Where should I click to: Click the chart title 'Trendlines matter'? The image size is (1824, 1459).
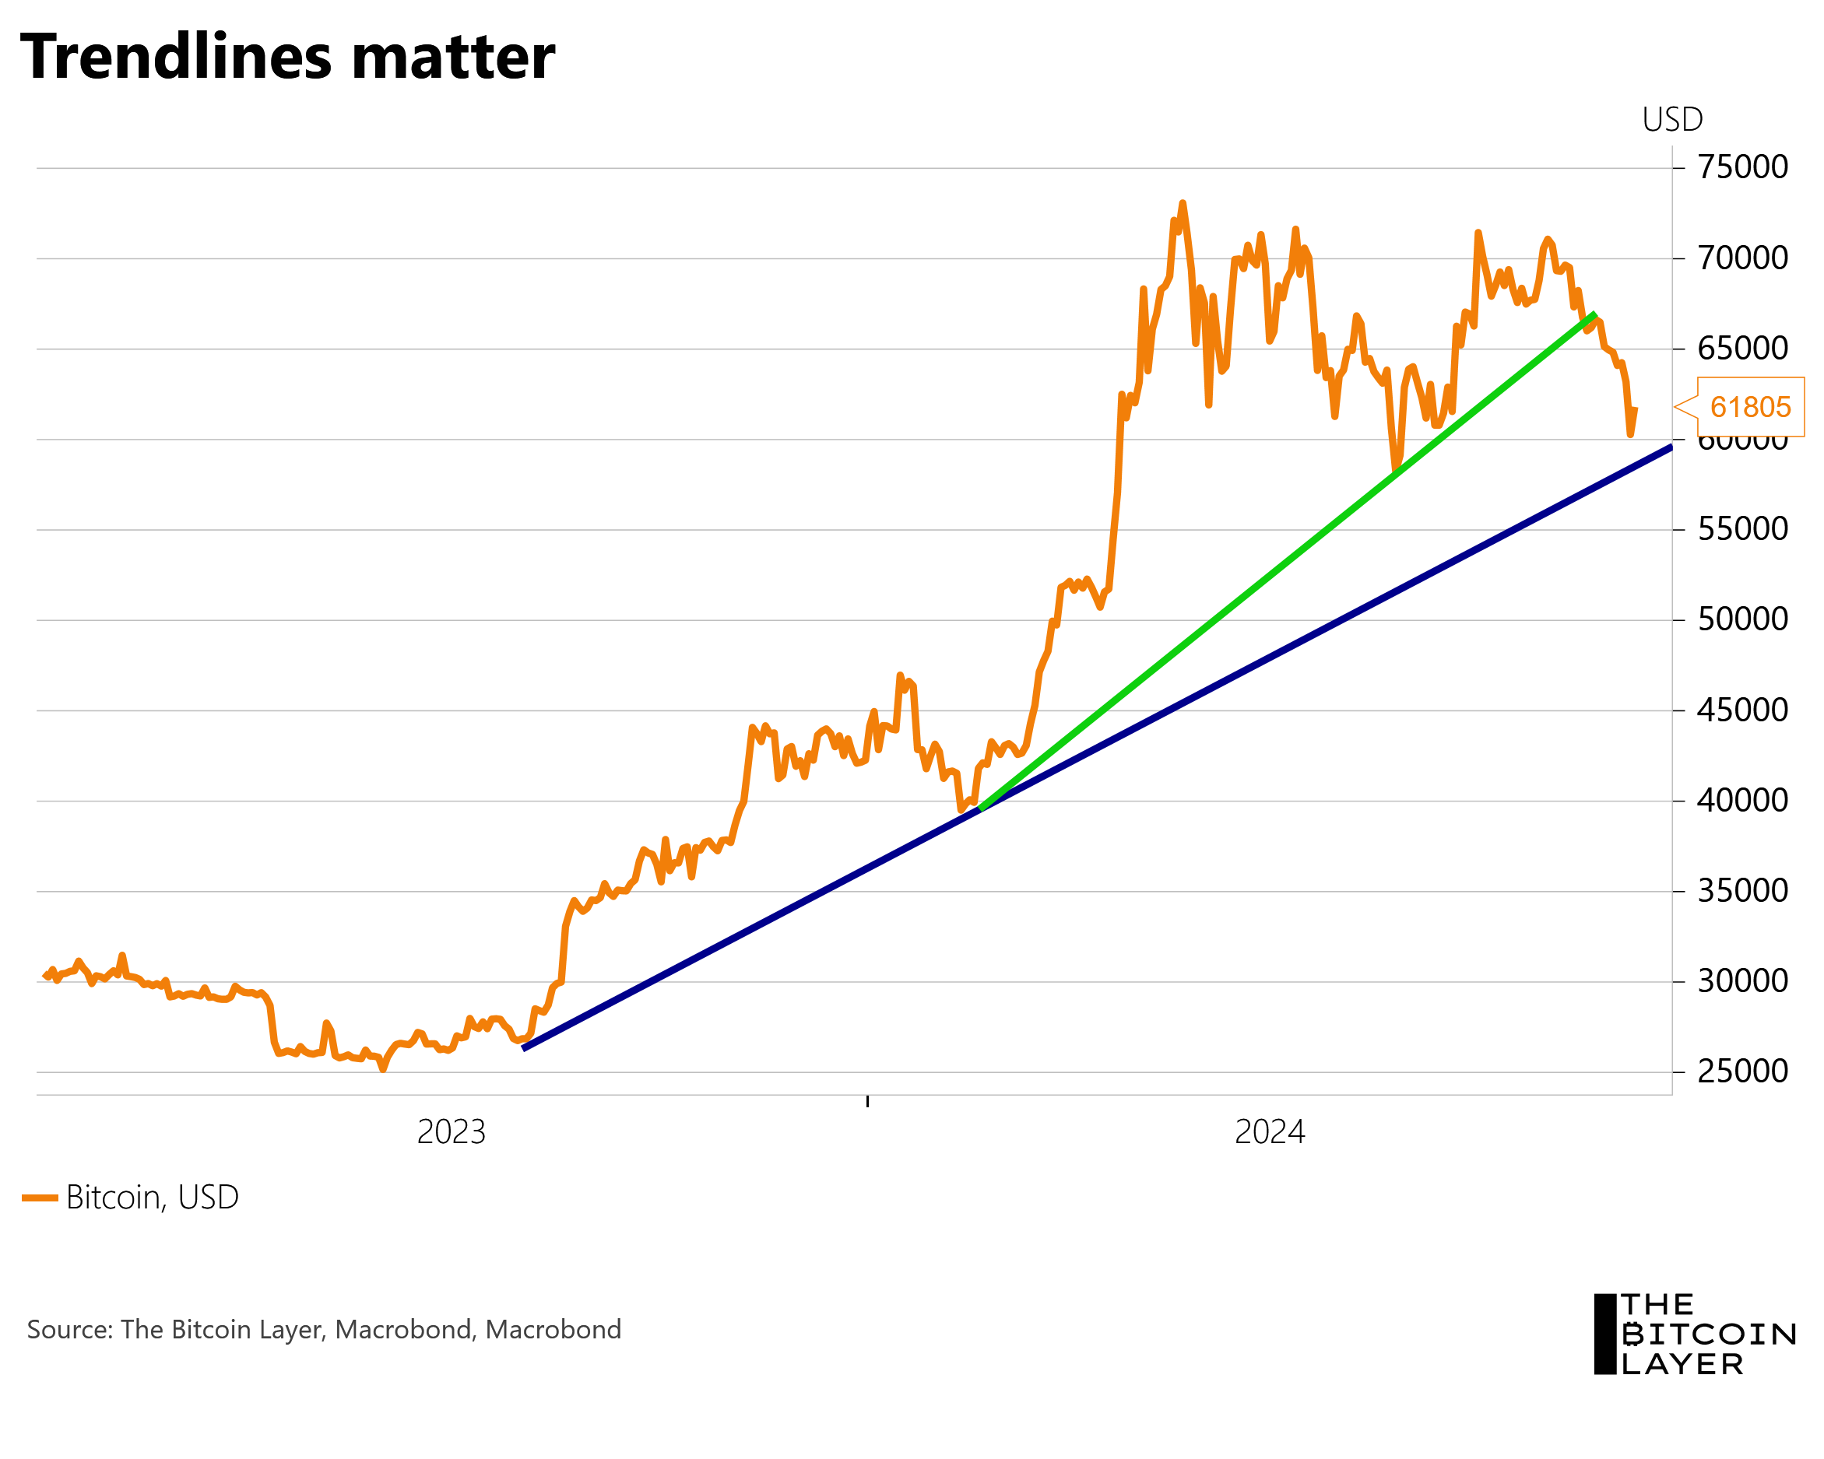286,58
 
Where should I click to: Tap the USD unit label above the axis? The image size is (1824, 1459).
1671,120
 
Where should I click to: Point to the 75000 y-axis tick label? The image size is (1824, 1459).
1743,167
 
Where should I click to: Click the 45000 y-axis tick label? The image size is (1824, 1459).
1743,710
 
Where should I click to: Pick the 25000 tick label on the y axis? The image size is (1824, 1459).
1743,1071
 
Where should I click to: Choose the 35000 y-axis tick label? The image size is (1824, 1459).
1743,891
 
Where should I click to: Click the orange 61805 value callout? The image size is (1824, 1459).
1749,407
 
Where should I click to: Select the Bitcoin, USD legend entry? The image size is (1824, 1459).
131,1198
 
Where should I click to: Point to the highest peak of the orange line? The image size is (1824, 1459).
1182,203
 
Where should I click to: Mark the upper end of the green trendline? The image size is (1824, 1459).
1594,314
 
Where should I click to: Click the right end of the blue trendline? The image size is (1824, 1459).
1670,447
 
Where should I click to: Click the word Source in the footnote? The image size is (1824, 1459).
69,1330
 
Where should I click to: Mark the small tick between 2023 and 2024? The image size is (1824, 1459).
867,1100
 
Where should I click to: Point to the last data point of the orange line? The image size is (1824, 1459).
1636,409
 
